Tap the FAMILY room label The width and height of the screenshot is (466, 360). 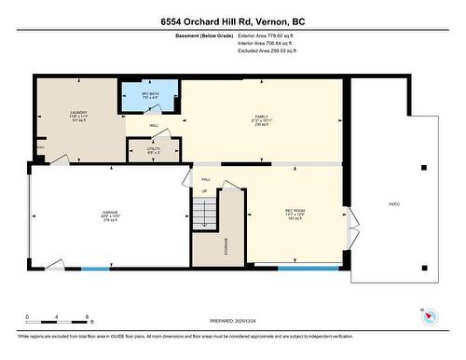[x=261, y=118]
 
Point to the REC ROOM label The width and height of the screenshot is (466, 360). [x=295, y=213]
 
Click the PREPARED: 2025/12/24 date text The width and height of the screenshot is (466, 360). [x=233, y=320]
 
